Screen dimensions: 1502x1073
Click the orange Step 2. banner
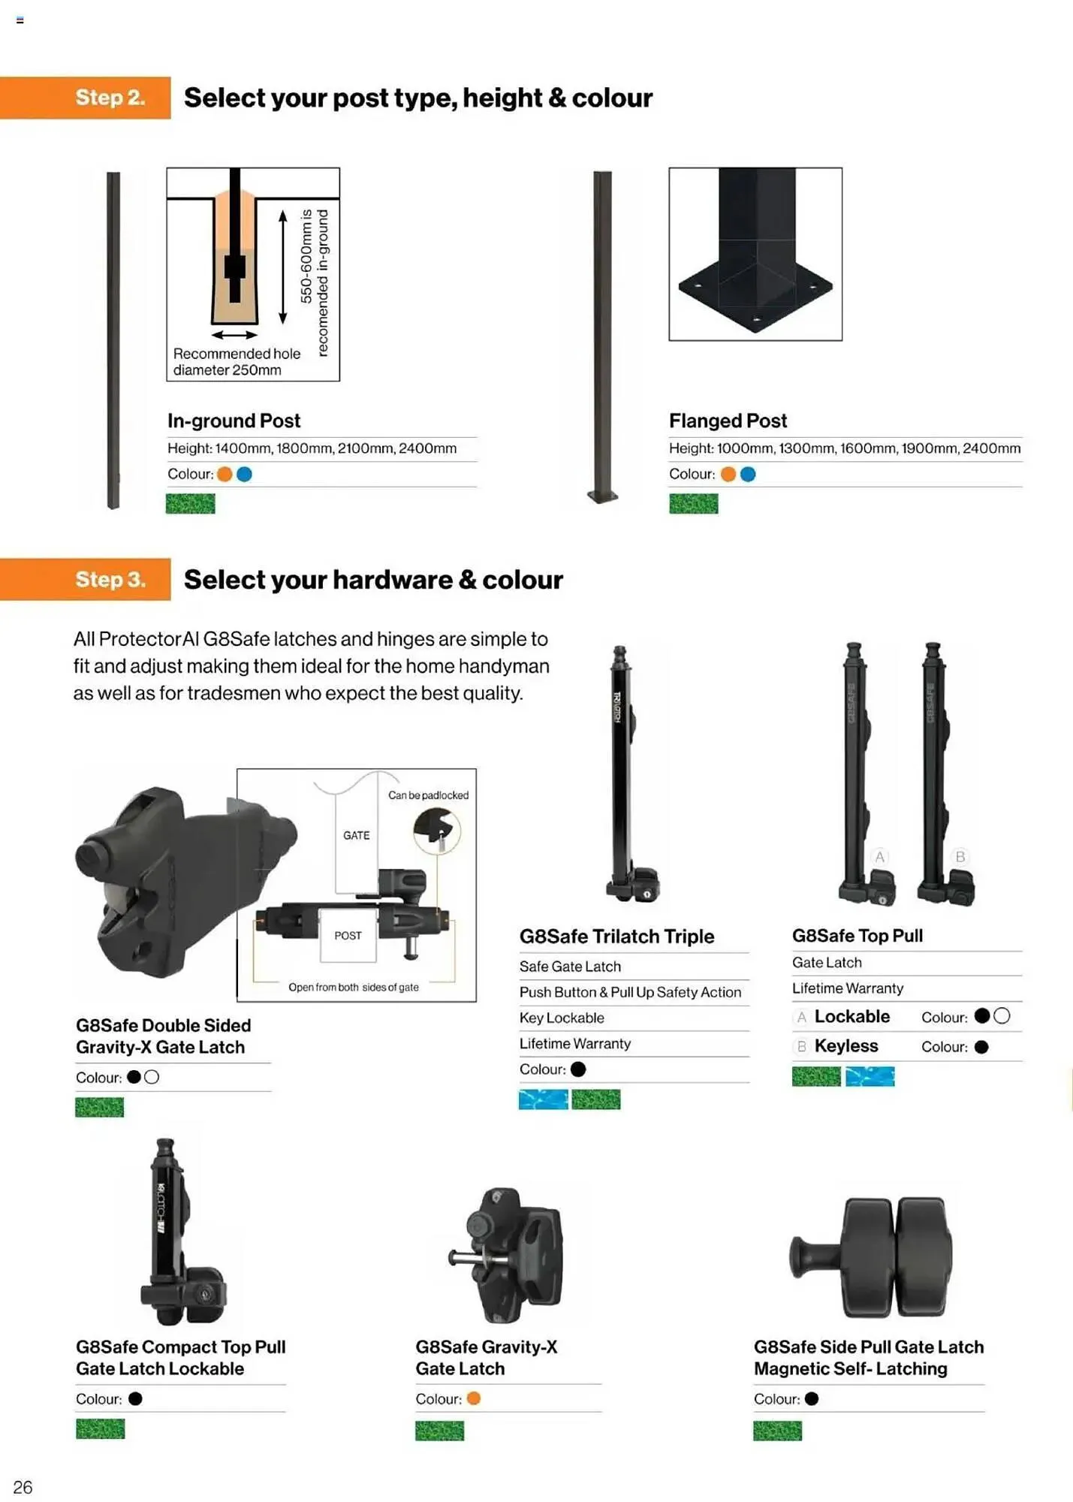click(x=86, y=98)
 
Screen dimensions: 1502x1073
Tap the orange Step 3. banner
click(x=86, y=579)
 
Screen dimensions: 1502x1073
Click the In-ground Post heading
click(x=234, y=421)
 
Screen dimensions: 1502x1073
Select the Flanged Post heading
click(x=728, y=421)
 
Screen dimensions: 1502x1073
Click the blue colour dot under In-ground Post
click(x=244, y=474)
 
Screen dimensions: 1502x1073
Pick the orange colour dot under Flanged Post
click(x=728, y=474)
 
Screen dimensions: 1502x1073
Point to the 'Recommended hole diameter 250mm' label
click(x=236, y=361)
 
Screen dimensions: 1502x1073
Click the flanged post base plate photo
click(x=755, y=254)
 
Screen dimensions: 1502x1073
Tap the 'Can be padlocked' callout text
click(x=428, y=795)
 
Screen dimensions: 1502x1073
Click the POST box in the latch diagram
click(x=348, y=935)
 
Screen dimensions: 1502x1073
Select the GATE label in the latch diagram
click(x=356, y=835)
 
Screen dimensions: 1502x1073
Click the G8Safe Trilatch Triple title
click(x=616, y=936)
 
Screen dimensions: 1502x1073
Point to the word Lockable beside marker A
click(x=851, y=1016)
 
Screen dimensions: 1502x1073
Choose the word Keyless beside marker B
click(x=845, y=1045)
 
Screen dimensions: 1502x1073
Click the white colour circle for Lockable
click(x=1002, y=1016)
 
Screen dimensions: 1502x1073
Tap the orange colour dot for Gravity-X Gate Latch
click(x=473, y=1398)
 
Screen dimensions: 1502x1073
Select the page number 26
click(x=23, y=1487)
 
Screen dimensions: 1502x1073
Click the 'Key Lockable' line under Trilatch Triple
click(x=562, y=1018)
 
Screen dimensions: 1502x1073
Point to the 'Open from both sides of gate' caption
click(x=353, y=987)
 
